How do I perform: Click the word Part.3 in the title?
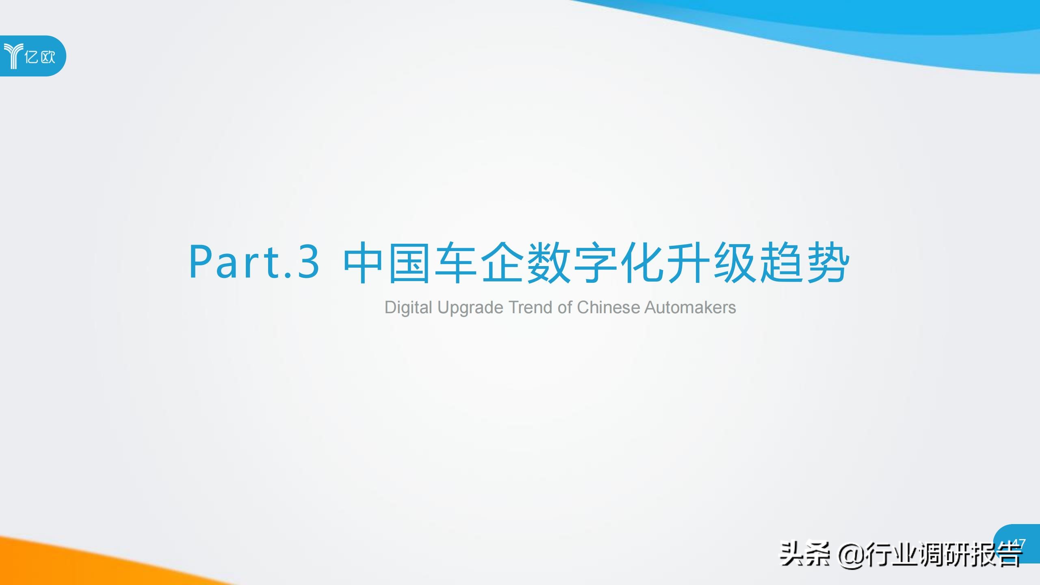pos(254,262)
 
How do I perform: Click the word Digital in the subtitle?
pos(408,308)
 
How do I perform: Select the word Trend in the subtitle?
pos(531,308)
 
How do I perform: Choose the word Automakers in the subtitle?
pos(690,308)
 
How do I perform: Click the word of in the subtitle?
pos(565,308)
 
